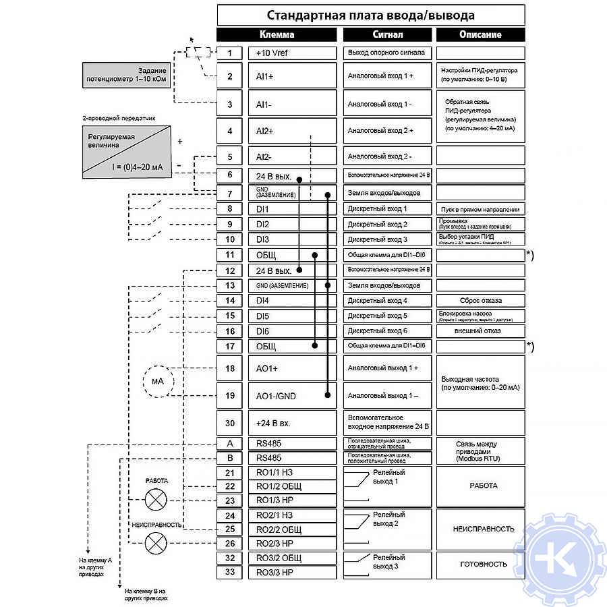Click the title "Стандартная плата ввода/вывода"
[x=370, y=15]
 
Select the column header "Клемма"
[x=277, y=34]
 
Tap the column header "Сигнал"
[x=387, y=34]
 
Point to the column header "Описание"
[x=480, y=34]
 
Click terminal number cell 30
[x=230, y=423]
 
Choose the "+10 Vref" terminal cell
[x=292, y=53]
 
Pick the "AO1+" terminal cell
[x=292, y=368]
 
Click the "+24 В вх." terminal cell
[x=292, y=423]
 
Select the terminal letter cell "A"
[x=230, y=444]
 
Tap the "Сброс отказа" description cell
[x=480, y=301]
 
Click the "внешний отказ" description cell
[x=480, y=331]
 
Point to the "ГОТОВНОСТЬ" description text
[x=483, y=564]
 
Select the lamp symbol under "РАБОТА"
[x=157, y=499]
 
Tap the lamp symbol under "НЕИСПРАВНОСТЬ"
[x=157, y=542]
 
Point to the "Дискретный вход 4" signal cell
[x=387, y=301]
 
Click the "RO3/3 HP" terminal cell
[x=292, y=573]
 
